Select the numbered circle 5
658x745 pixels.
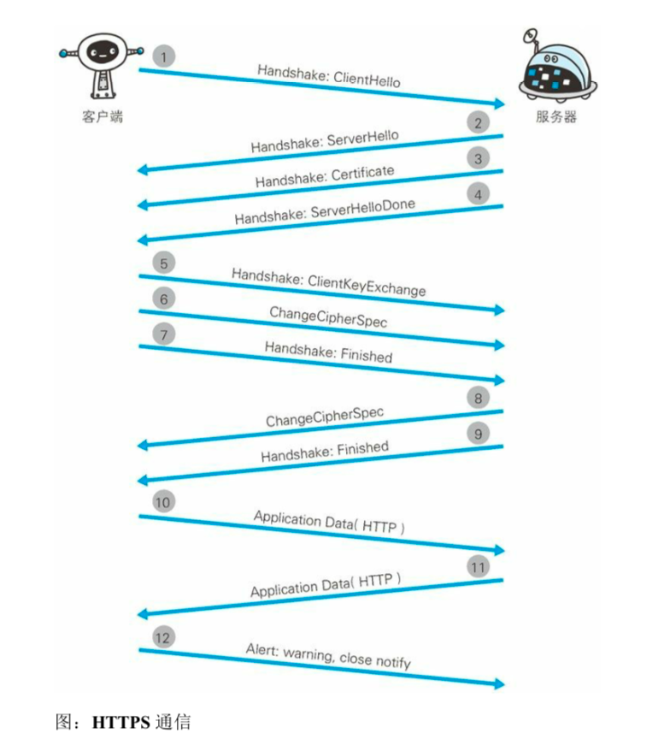[164, 263]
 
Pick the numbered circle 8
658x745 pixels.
[479, 398]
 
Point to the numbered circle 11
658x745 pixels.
[479, 566]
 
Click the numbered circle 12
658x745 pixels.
[164, 637]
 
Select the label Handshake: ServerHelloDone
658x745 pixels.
[326, 211]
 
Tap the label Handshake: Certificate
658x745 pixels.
[325, 177]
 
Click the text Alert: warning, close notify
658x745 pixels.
[328, 656]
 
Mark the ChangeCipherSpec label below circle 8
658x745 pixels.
[325, 417]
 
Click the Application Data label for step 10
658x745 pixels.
[329, 522]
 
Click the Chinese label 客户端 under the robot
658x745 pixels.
[103, 116]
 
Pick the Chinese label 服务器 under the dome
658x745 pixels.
[556, 117]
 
